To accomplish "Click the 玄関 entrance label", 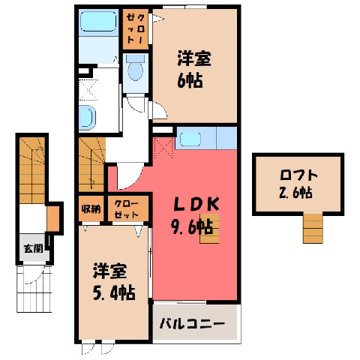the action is [x=33, y=248].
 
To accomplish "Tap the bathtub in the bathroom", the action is [x=98, y=22].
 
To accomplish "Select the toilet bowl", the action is [x=135, y=69].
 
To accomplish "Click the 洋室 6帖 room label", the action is [x=194, y=69].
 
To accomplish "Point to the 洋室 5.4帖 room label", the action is [x=114, y=281].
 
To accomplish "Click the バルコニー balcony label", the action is [x=193, y=324].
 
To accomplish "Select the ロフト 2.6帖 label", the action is [x=298, y=184].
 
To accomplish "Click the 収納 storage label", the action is [x=91, y=209].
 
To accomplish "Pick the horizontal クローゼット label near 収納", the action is [x=127, y=209].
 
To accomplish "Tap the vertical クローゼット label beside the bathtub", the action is [x=135, y=29].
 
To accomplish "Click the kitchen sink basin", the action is [x=190, y=139].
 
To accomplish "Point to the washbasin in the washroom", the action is [x=87, y=117].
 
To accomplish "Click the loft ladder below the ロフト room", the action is [x=313, y=229].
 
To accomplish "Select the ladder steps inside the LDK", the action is [x=209, y=228].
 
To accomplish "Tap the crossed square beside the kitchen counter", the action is [x=163, y=148].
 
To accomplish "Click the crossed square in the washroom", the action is [x=88, y=90].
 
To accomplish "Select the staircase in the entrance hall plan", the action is [x=32, y=170].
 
